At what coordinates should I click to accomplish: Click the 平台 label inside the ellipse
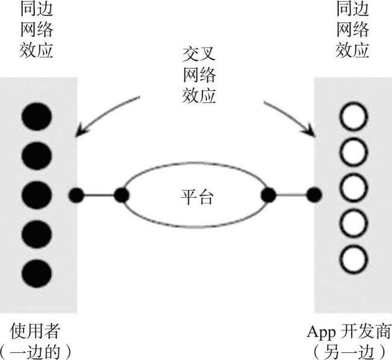click(197, 195)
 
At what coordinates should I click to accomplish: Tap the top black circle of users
click(37, 117)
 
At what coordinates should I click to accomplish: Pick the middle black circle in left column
click(37, 194)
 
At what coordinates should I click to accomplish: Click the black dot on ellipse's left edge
click(122, 195)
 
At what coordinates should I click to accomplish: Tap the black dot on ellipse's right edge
click(268, 194)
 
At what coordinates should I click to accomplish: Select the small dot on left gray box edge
click(77, 195)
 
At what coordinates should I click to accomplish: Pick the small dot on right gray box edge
click(314, 194)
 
